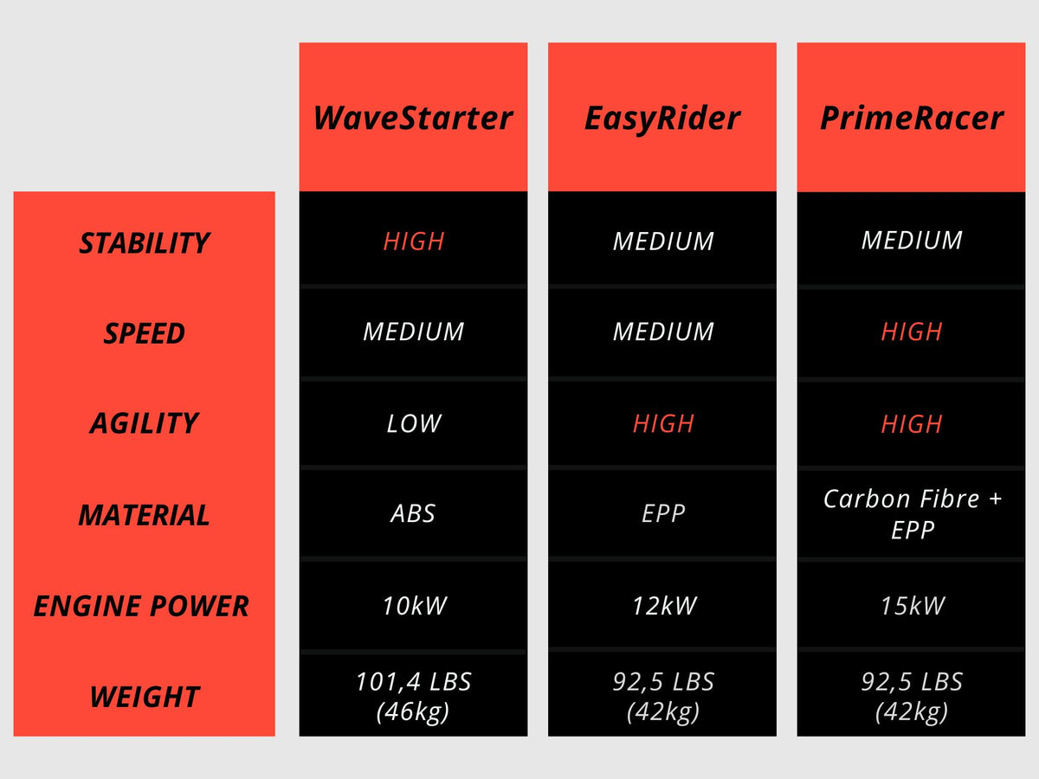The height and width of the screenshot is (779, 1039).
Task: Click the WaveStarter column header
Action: (x=413, y=118)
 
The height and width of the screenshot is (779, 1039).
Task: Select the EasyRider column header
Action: (x=662, y=118)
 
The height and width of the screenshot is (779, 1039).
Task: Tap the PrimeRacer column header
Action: (x=912, y=118)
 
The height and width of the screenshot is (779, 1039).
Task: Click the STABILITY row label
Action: (x=145, y=243)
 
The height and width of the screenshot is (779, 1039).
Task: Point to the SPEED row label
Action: (x=145, y=333)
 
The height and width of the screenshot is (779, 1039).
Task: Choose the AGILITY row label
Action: (x=145, y=423)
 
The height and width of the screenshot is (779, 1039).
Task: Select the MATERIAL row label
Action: (x=145, y=515)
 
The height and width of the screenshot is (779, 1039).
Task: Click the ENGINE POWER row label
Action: (x=141, y=606)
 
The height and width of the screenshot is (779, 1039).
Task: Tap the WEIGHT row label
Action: (x=145, y=697)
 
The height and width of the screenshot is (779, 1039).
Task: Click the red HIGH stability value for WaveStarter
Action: (x=413, y=241)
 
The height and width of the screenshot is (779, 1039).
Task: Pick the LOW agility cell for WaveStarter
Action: (x=413, y=423)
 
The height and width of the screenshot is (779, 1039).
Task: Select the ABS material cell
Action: (x=413, y=514)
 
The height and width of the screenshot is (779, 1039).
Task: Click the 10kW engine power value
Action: (x=413, y=605)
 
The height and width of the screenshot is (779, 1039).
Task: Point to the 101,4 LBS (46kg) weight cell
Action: (x=413, y=696)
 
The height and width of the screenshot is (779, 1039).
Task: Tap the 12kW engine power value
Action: (x=662, y=605)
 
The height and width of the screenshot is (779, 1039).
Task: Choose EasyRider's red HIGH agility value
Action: (x=662, y=423)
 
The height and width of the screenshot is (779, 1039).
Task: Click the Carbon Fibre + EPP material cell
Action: (x=912, y=513)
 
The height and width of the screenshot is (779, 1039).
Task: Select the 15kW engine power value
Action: (x=912, y=605)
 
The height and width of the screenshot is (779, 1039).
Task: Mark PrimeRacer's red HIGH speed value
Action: (x=912, y=332)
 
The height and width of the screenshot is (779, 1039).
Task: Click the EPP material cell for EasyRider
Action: (x=662, y=514)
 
